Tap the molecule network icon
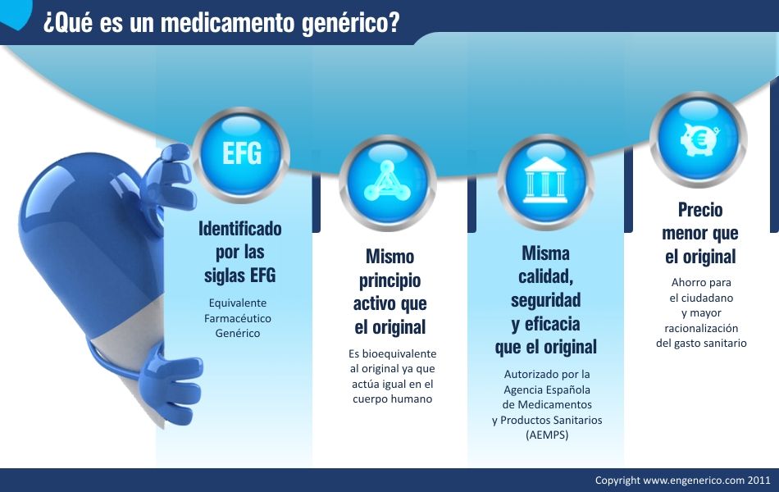pyautogui.click(x=387, y=182)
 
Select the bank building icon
pyautogui.click(x=544, y=182)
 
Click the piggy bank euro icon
pyautogui.click(x=698, y=139)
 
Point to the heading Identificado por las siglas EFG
pyautogui.click(x=239, y=251)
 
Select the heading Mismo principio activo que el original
pyautogui.click(x=389, y=291)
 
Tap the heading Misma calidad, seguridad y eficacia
pyautogui.click(x=545, y=299)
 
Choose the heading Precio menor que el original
pyautogui.click(x=699, y=233)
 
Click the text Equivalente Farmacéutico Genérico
pyautogui.click(x=237, y=318)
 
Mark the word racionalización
pyautogui.click(x=701, y=328)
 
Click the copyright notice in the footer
pyautogui.click(x=682, y=480)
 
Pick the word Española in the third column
pyautogui.click(x=568, y=389)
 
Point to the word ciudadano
pyautogui.click(x=701, y=298)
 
